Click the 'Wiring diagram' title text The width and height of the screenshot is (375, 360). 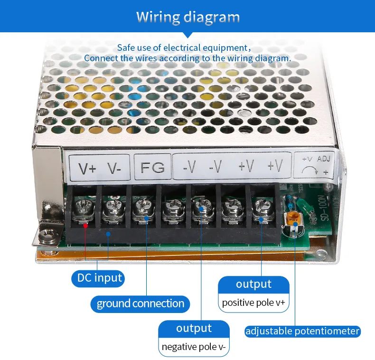(188, 17)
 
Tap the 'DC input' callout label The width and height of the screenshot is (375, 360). (98, 278)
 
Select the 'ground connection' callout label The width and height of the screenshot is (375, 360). (140, 304)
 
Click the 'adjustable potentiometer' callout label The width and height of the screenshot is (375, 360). (302, 332)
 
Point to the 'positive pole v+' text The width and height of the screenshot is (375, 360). (253, 303)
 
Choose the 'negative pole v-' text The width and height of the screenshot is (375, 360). (194, 347)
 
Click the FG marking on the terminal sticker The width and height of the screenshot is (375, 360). (152, 167)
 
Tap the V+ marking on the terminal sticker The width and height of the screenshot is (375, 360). (87, 168)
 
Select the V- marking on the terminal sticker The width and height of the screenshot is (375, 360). (114, 168)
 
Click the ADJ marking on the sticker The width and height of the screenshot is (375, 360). (324, 159)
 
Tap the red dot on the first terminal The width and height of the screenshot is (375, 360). (85, 225)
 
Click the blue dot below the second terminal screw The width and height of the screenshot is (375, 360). (108, 234)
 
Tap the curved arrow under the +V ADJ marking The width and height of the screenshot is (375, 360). (309, 171)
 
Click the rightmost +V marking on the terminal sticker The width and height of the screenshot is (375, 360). (275, 166)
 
